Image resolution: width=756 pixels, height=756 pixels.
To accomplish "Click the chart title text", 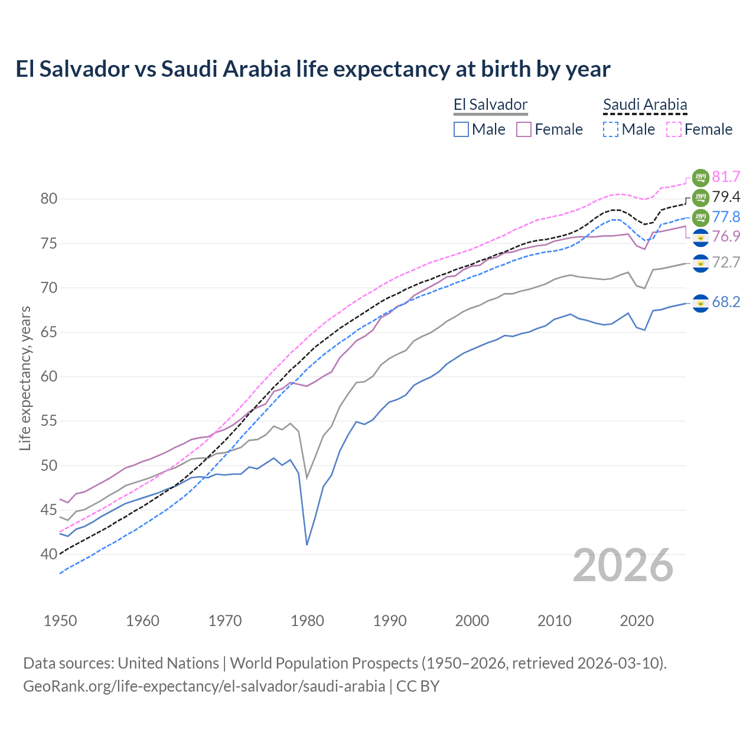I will coord(312,69).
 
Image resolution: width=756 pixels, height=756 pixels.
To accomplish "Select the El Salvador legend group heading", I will coord(490,105).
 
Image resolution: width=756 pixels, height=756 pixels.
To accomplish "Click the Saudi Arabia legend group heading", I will coord(645,105).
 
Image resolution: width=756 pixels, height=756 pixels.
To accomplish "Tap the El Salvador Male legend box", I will coord(461,129).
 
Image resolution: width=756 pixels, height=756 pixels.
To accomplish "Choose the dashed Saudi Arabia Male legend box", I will coord(611,129).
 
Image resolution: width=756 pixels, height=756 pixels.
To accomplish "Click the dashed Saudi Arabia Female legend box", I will coord(674,129).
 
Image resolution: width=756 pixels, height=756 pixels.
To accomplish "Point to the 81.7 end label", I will coord(726,177).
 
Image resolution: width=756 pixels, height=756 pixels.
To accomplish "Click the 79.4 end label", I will coord(726,197).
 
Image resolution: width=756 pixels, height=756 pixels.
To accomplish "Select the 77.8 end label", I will coord(726,217).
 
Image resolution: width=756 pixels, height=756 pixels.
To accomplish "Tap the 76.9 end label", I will coord(726,237).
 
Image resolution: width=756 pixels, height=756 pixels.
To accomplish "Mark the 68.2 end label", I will coord(726,302).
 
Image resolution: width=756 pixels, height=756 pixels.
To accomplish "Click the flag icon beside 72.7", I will coord(700,263).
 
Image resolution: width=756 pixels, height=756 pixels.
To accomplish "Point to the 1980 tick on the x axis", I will coord(307,621).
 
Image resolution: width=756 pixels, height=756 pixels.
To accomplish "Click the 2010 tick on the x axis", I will coord(554,621).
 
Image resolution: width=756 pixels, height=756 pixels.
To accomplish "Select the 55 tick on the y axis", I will coord(49,421).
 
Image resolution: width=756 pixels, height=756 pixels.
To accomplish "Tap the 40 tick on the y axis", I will coord(49,555).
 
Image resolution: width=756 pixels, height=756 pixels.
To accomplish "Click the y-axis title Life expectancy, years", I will coord(25,378).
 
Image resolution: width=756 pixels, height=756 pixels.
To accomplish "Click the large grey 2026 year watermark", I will coord(623,565).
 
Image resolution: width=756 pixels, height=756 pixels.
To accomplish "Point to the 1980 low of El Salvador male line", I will coord(307,544).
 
